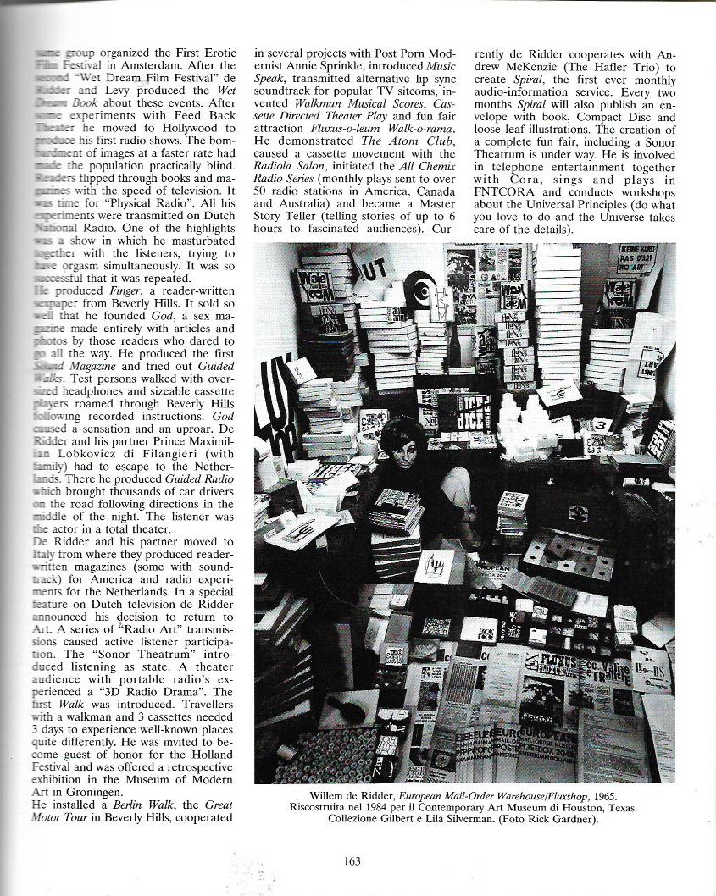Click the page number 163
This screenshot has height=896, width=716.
[x=353, y=861]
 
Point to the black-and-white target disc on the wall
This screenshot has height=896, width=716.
[x=421, y=288]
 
